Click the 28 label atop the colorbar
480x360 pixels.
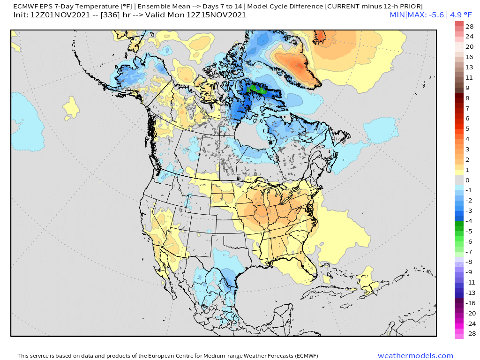click(469, 26)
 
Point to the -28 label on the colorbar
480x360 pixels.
click(469, 333)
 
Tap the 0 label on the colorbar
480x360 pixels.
click(467, 180)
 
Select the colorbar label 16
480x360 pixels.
click(469, 57)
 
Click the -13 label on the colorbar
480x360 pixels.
click(469, 292)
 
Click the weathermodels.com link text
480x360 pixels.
click(415, 356)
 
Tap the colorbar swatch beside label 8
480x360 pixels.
click(458, 98)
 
